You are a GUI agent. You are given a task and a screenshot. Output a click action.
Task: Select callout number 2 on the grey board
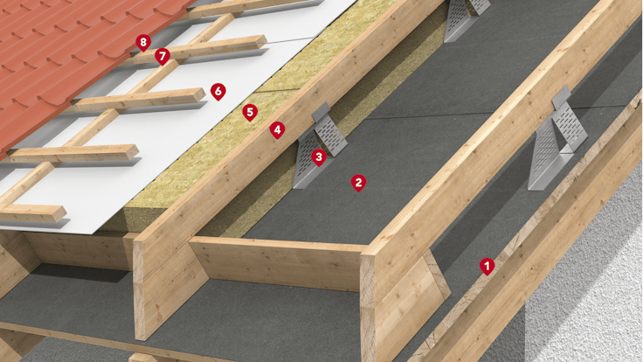(357, 182)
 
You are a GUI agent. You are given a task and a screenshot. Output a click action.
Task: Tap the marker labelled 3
(319, 157)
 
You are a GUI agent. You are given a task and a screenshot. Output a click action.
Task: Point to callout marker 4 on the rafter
(277, 129)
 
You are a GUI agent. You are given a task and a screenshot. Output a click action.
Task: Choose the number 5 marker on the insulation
(250, 111)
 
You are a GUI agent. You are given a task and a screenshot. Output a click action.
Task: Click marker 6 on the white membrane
(218, 90)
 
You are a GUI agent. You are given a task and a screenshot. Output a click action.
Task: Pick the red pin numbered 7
(162, 56)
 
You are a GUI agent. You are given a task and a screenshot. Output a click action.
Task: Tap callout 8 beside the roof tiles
(143, 41)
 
